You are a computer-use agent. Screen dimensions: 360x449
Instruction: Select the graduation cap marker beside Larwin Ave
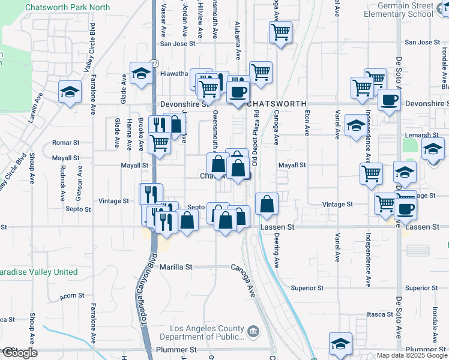(70, 92)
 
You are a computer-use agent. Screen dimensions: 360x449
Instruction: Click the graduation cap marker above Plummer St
(340, 343)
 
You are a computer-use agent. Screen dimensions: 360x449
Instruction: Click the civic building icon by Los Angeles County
(253, 330)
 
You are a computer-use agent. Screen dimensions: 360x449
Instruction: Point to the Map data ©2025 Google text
(411, 355)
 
